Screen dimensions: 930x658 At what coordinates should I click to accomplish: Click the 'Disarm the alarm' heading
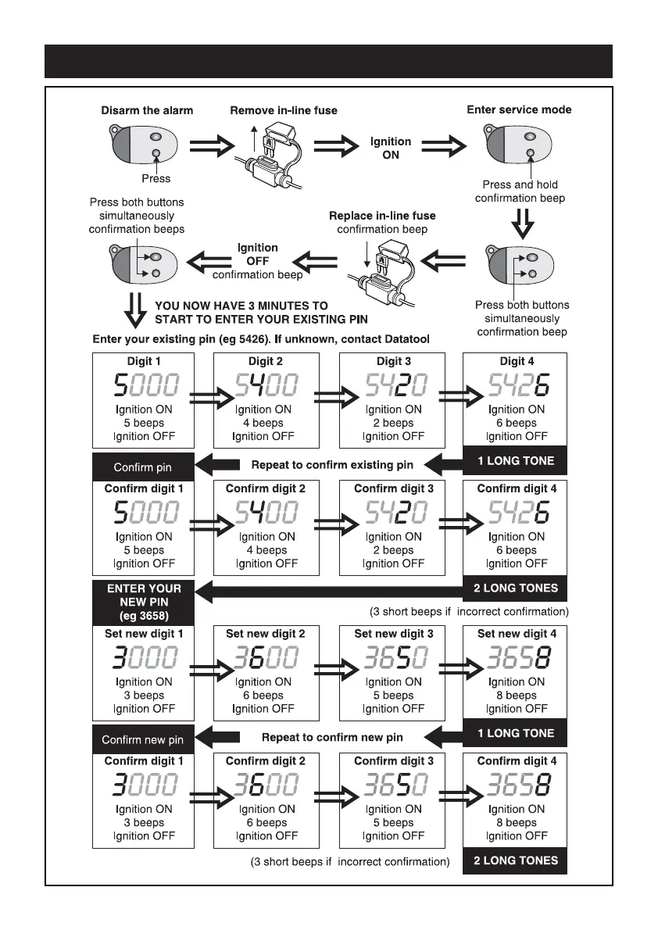(x=147, y=110)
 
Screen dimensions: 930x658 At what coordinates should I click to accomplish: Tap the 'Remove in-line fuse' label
(x=284, y=110)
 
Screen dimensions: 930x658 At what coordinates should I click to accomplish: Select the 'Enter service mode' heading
(x=519, y=109)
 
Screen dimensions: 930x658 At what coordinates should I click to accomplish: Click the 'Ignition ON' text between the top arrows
(x=391, y=148)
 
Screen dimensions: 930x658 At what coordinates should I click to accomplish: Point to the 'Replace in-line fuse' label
(x=382, y=216)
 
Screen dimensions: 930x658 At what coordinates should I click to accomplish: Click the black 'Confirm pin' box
(x=143, y=467)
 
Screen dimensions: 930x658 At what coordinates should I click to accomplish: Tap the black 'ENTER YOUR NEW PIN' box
(x=143, y=603)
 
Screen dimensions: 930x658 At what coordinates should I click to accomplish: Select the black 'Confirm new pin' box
(x=143, y=739)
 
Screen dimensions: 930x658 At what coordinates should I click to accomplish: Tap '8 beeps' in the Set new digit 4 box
(x=517, y=696)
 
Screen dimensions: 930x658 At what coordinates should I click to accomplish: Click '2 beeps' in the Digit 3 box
(x=393, y=423)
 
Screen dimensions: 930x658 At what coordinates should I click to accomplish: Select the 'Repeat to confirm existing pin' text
(x=332, y=465)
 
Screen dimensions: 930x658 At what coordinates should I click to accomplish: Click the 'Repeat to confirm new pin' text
(x=332, y=737)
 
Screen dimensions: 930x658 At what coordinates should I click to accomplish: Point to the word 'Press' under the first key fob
(x=156, y=178)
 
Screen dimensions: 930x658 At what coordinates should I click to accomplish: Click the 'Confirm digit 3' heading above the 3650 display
(x=393, y=760)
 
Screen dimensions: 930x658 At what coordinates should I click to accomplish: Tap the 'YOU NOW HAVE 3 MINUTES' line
(x=241, y=306)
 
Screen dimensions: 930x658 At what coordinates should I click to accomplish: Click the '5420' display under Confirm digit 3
(x=393, y=513)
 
